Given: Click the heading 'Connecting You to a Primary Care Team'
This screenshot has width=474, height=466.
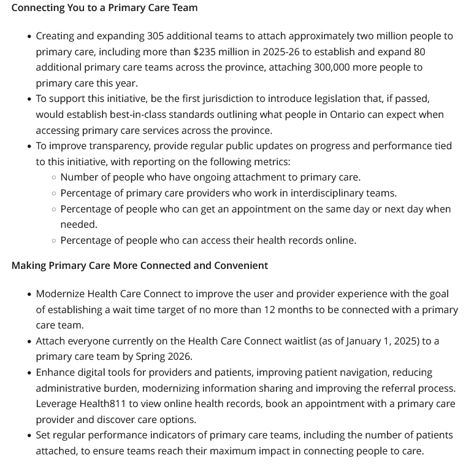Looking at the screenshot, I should tap(104, 8).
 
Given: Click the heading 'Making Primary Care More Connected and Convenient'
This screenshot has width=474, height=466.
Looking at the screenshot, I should tap(140, 265).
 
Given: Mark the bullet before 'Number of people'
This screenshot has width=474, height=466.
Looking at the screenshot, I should tap(54, 177).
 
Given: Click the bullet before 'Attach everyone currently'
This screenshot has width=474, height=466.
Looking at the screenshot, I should tap(29, 341).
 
